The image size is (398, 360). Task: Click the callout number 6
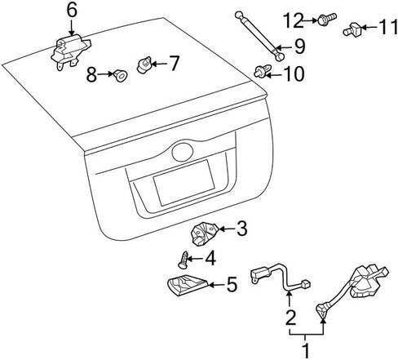click(72, 11)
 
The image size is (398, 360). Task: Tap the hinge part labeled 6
click(70, 51)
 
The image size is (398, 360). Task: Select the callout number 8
click(91, 74)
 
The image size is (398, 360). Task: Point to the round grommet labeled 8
click(121, 75)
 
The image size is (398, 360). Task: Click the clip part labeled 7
click(144, 64)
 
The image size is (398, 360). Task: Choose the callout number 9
click(299, 47)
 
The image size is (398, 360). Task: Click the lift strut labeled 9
click(259, 36)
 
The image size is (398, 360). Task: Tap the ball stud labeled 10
click(263, 71)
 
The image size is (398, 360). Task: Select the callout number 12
click(293, 20)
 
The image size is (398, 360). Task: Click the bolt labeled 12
click(327, 19)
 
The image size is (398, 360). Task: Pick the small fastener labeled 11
click(352, 29)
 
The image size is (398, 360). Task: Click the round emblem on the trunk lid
click(183, 152)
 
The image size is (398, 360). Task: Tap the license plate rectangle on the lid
click(184, 183)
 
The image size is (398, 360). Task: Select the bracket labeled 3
click(205, 233)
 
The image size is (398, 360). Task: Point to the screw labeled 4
click(184, 260)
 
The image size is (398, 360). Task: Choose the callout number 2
click(290, 318)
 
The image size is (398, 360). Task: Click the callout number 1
click(306, 351)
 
